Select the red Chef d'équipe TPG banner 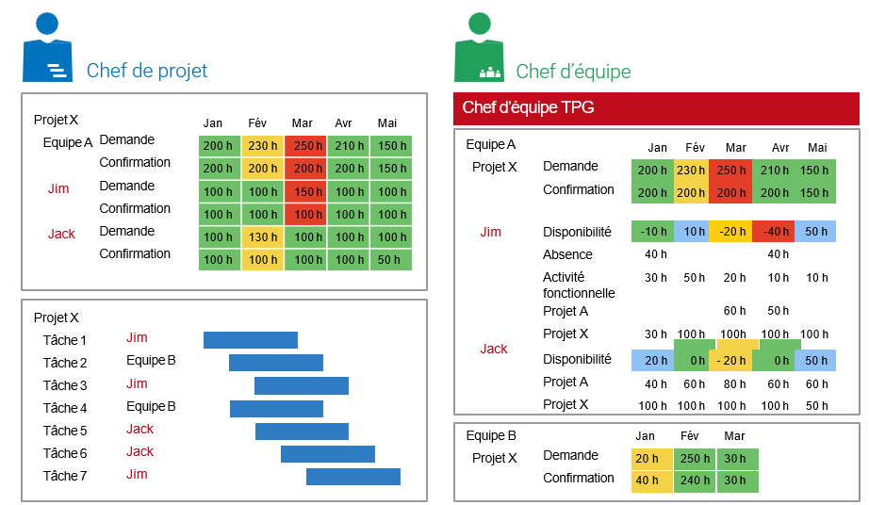click(657, 108)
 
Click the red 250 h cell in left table click(303, 146)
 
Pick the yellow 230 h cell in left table click(262, 146)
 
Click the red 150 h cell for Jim click(303, 191)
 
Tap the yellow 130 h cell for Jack click(262, 237)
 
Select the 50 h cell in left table click(388, 260)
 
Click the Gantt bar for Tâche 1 click(251, 340)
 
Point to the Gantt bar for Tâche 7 click(353, 477)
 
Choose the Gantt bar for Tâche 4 click(277, 409)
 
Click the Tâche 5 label click(65, 431)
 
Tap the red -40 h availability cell click(774, 232)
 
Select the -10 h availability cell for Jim click(652, 232)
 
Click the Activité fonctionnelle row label click(578, 285)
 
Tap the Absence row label click(567, 254)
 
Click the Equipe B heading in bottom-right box click(491, 435)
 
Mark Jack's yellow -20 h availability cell click(731, 360)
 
